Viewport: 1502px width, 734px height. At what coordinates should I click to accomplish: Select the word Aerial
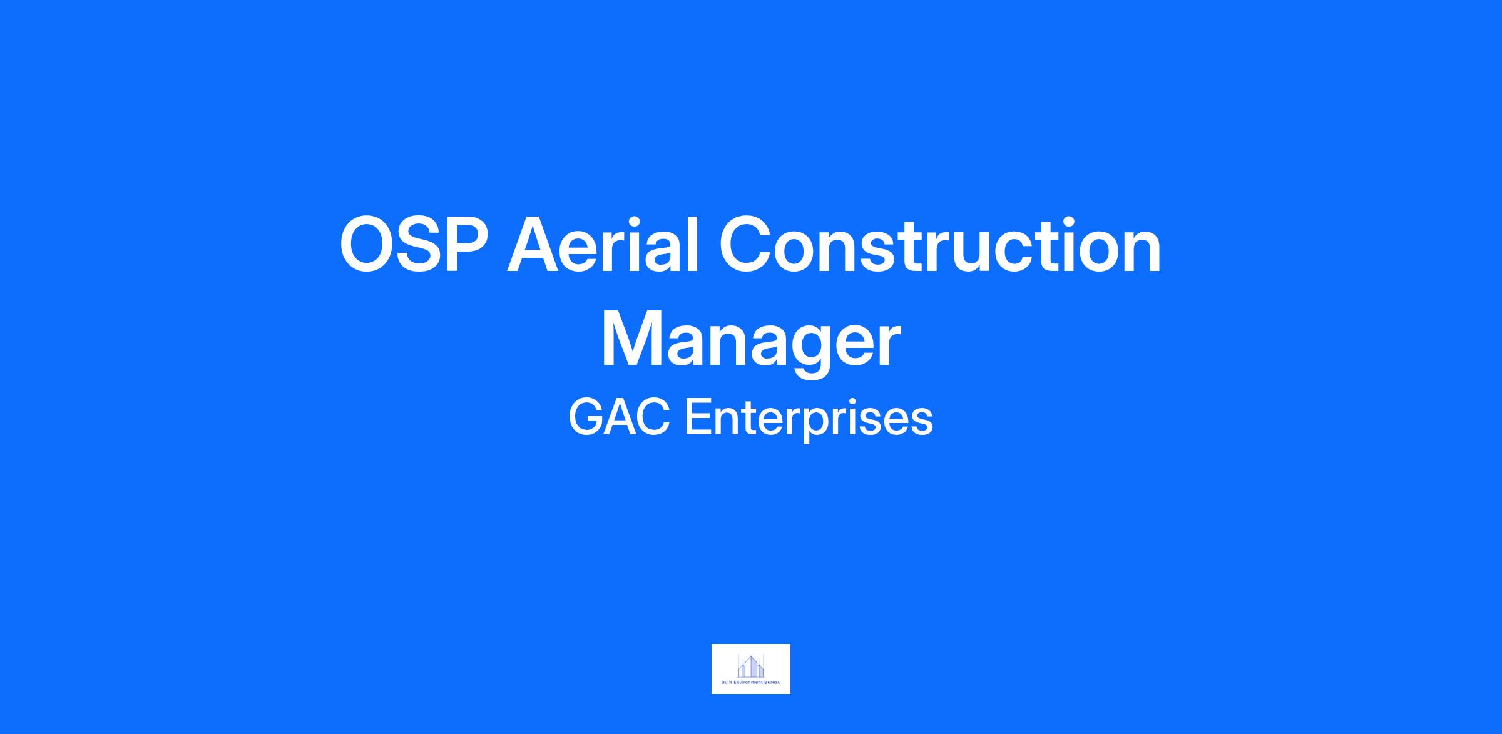(603, 244)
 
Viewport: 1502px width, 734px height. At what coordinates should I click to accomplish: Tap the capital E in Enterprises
(698, 418)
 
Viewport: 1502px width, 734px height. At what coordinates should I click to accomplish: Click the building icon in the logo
(751, 665)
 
